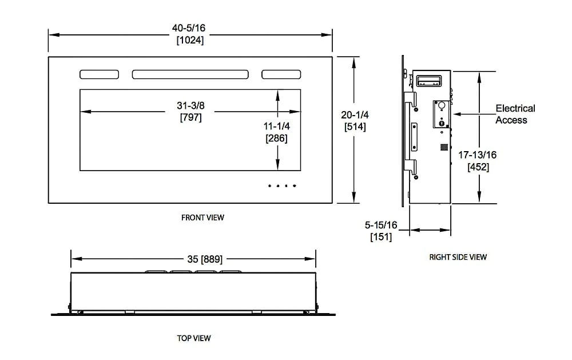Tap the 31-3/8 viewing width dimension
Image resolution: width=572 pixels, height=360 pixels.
[190, 106]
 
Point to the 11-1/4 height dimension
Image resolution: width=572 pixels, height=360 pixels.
[277, 126]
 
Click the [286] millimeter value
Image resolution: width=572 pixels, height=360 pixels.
[277, 139]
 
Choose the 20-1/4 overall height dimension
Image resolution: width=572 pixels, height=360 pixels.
[355, 115]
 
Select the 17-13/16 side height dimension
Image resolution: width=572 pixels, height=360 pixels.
[478, 155]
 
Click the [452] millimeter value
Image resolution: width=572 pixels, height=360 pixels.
[478, 167]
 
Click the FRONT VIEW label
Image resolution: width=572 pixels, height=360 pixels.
[202, 217]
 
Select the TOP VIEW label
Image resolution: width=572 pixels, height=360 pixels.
[194, 338]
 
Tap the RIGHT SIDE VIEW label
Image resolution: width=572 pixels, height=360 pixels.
[458, 257]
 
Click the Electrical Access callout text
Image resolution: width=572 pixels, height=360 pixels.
[515, 114]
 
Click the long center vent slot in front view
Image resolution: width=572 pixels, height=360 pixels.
[190, 74]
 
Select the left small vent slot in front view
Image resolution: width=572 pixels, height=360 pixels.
[99, 74]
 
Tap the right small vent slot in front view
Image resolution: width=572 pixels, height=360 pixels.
[281, 74]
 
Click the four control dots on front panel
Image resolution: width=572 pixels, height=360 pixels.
[282, 185]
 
